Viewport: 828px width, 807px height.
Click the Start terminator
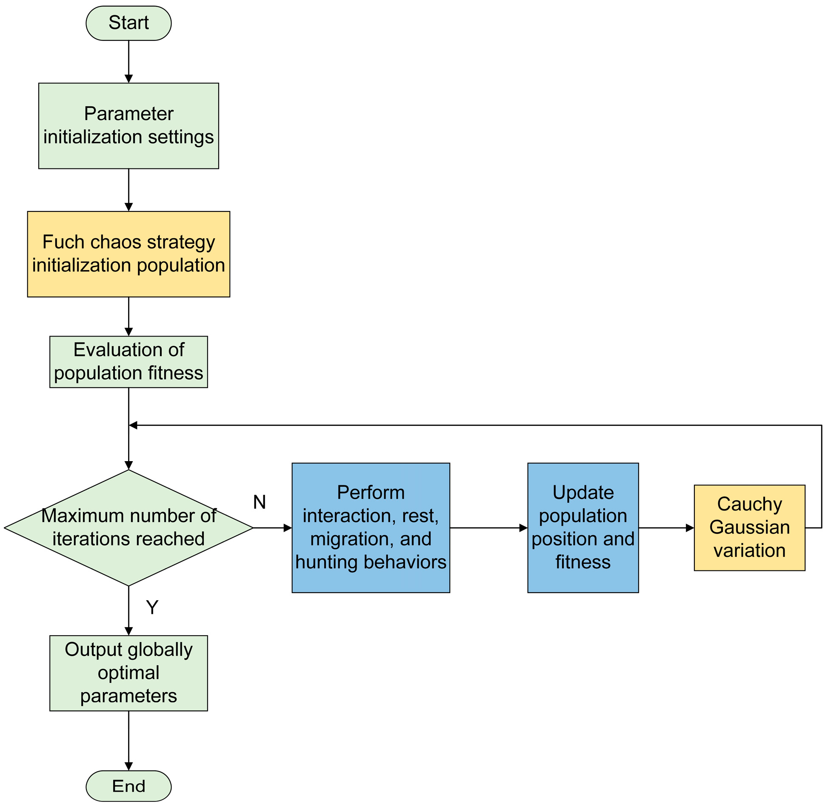(x=128, y=23)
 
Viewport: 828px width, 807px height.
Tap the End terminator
(x=128, y=786)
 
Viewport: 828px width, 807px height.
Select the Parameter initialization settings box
(x=128, y=125)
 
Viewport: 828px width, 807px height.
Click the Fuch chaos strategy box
(x=128, y=254)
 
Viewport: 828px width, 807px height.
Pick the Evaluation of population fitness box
(x=128, y=362)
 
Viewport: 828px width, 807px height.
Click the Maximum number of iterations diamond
(x=128, y=528)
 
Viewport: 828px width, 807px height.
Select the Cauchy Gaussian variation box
(x=749, y=528)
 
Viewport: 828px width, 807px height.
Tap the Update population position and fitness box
(x=583, y=528)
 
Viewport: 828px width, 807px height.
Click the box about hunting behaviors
(x=371, y=528)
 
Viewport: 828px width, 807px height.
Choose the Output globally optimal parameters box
(x=128, y=673)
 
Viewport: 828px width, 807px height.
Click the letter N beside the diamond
(x=259, y=502)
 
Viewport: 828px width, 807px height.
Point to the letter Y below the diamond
(x=152, y=607)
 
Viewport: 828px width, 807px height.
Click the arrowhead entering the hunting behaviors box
(x=288, y=528)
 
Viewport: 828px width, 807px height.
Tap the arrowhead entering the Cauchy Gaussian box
(x=690, y=528)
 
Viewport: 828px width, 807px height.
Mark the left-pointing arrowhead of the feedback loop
(x=133, y=425)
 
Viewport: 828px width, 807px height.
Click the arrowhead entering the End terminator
(x=128, y=766)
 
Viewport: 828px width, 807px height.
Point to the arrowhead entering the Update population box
(x=523, y=528)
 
